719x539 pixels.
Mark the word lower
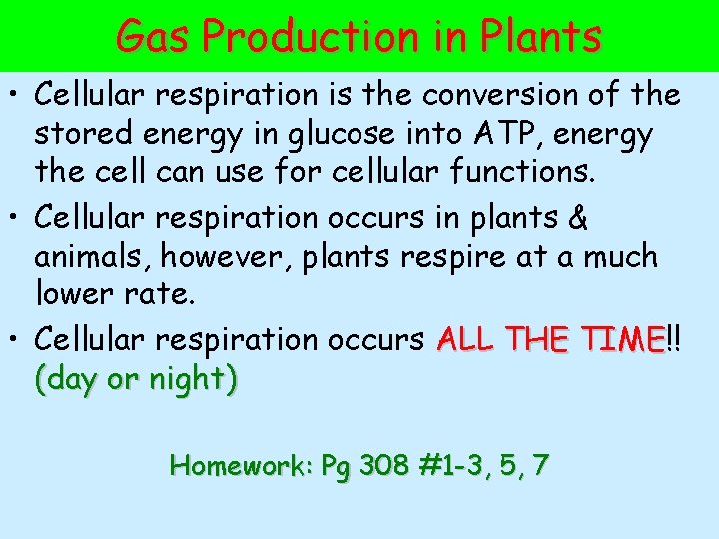[75, 294]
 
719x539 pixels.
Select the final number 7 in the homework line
[540, 465]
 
